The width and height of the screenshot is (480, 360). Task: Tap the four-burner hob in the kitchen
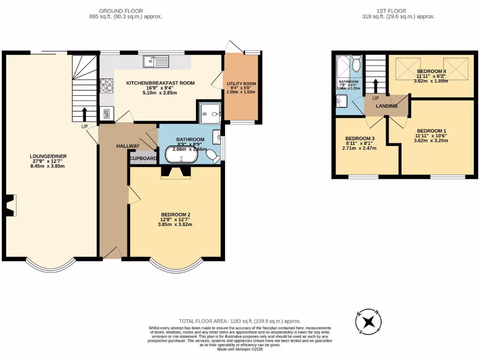pos(106,85)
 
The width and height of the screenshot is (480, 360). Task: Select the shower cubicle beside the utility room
pos(210,112)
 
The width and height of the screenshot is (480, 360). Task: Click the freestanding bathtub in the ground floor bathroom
pos(180,155)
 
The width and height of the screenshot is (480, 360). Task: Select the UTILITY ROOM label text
pos(241,84)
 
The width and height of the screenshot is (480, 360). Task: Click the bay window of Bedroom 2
pos(176,266)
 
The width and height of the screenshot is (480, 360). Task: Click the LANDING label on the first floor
pos(387,106)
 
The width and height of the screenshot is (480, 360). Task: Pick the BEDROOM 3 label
pos(360,139)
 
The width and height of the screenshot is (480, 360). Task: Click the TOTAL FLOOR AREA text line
pos(240,321)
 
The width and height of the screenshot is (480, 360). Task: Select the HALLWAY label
pos(127,146)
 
